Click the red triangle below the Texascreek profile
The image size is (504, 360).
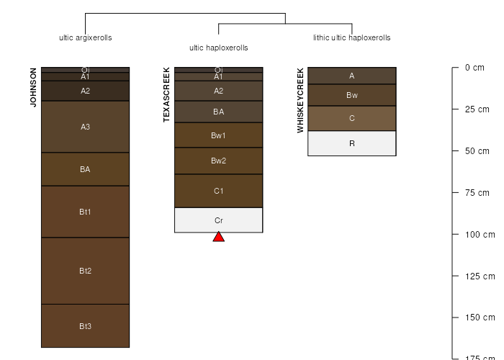pos(219,237)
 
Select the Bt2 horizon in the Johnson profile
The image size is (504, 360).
pos(85,271)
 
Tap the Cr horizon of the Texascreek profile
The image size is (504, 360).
pos(219,220)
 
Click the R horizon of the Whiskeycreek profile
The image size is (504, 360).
pos(352,143)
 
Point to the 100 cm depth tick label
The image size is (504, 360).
pos(480,234)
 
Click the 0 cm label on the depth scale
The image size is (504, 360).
pos(474,68)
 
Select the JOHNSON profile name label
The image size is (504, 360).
pos(33,87)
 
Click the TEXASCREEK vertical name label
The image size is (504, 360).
pos(166,94)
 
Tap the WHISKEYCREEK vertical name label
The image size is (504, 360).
pos(300,100)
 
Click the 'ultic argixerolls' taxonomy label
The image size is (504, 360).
pos(86,37)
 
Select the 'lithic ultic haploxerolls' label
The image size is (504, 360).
pos(352,37)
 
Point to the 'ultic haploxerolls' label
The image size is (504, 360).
pos(219,48)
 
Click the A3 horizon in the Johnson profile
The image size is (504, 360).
pos(85,127)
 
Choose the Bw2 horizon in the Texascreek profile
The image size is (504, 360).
pos(219,161)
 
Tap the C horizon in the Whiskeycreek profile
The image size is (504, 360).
pos(352,118)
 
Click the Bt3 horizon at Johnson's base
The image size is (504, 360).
pos(85,326)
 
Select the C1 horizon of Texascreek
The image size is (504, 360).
pos(219,191)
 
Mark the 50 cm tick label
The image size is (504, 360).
pos(477,151)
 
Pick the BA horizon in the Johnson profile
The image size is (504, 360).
pos(85,169)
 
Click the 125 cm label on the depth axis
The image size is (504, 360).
pos(480,276)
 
